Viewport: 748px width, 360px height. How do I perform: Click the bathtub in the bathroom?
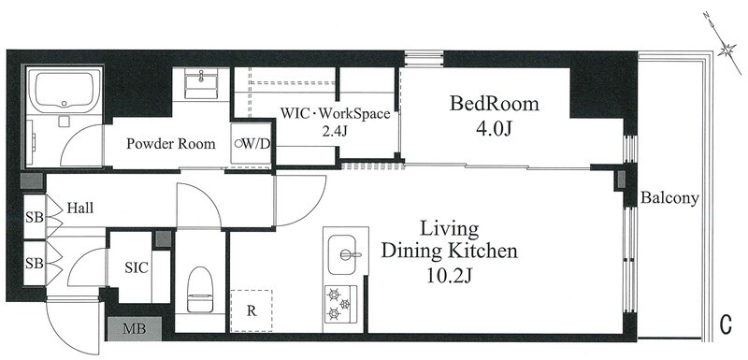point(64,91)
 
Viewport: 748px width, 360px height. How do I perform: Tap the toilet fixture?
point(200,289)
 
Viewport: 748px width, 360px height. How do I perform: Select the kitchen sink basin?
point(342,254)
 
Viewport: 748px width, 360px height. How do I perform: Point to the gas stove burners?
point(339,302)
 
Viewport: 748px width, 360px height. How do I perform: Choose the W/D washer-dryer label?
point(252,143)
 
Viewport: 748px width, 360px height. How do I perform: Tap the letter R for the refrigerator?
point(252,311)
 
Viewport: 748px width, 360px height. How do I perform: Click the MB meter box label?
point(135,328)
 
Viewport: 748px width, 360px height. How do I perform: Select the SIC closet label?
point(137,267)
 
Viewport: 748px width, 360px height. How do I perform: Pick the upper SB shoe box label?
point(35,218)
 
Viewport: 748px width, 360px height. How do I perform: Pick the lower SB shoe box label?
point(35,263)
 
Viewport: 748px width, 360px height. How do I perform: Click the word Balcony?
point(669,198)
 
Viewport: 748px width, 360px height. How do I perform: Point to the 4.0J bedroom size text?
point(495,129)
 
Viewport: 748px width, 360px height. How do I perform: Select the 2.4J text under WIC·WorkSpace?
point(335,132)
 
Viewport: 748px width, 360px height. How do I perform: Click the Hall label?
point(80,209)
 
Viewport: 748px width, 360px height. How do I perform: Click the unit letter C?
point(726,324)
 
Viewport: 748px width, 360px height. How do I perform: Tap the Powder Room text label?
point(171,144)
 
